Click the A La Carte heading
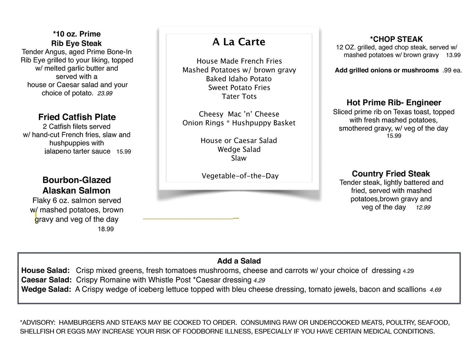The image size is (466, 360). (239, 42)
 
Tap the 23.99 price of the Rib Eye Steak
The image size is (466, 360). (105, 93)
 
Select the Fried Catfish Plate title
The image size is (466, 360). (77, 117)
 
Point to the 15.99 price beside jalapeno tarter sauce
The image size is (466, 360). (123, 152)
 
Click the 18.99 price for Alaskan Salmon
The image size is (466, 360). (106, 229)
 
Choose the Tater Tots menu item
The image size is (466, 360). (239, 96)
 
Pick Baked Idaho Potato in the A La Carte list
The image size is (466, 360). (239, 79)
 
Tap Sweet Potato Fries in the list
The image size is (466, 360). (239, 88)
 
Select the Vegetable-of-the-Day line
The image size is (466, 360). (240, 176)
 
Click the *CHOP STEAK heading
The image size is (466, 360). (396, 39)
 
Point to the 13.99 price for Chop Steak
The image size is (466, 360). (453, 55)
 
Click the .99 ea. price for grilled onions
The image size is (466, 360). (452, 70)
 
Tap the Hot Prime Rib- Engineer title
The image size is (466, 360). (394, 103)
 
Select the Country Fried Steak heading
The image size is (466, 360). (391, 174)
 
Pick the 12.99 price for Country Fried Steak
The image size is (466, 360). (423, 207)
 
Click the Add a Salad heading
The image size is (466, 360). (239, 261)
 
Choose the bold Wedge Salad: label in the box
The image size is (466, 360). (46, 289)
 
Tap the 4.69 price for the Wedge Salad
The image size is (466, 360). (435, 290)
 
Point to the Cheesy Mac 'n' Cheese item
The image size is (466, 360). (239, 114)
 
